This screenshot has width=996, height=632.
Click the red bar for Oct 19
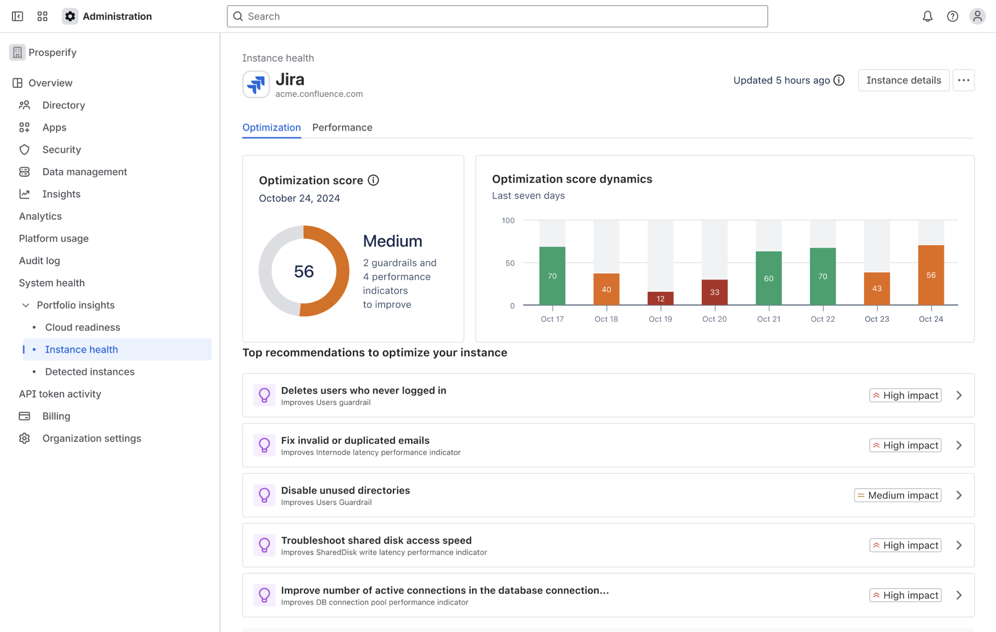660,298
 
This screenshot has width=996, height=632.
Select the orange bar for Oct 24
931,275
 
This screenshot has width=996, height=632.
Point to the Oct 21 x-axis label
768,319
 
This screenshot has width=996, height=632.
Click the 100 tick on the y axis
508,221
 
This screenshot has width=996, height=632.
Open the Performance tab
342,128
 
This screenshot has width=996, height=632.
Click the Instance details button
903,81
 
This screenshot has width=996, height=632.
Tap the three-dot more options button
964,81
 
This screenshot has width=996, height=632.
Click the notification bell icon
927,17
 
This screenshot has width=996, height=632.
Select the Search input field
497,17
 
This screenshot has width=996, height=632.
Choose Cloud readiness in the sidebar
83,328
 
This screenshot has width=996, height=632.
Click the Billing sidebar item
56,416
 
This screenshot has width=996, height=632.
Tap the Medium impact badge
898,495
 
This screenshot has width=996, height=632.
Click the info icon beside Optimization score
373,180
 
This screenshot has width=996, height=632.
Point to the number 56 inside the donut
304,272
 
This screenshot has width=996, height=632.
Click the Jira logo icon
256,84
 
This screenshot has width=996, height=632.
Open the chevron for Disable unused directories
959,495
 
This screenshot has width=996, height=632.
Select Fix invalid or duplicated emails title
355,441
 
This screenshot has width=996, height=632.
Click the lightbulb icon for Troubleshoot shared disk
264,545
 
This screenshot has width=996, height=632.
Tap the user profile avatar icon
977,17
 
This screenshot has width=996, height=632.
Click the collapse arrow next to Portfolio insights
26,305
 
